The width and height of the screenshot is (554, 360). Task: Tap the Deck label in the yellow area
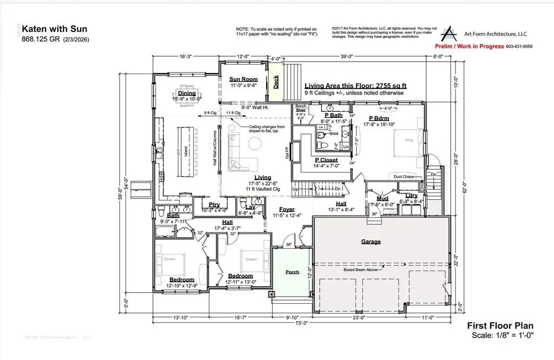pos(276,82)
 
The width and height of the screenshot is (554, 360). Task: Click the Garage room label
pos(371,242)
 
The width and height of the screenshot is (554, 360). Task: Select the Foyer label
pos(286,209)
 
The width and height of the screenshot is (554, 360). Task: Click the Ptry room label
pos(214,204)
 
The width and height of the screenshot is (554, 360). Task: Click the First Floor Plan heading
pos(500,325)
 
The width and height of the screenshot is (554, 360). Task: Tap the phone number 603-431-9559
pos(518,46)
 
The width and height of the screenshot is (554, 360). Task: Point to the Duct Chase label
pos(404,176)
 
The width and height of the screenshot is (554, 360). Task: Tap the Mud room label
pos(382,198)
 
